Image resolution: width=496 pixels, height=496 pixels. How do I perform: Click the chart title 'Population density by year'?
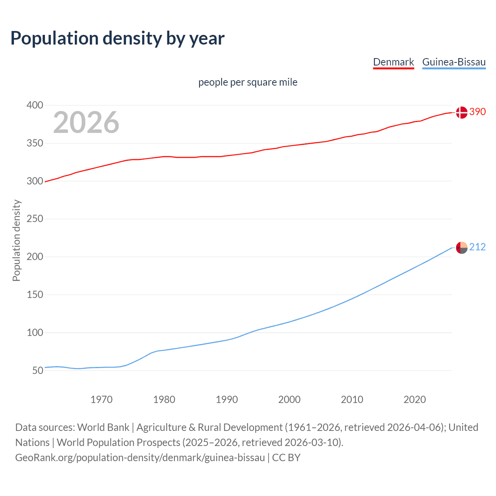pyautogui.click(x=117, y=38)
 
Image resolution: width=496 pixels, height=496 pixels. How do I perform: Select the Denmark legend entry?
pyautogui.click(x=393, y=62)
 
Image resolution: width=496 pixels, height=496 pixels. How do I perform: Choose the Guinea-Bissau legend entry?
pyautogui.click(x=454, y=62)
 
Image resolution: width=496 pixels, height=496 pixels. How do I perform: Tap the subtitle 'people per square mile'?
pyautogui.click(x=248, y=83)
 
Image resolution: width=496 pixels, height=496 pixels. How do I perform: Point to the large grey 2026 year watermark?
pyautogui.click(x=86, y=122)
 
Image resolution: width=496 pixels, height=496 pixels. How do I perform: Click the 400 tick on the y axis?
pyautogui.click(x=35, y=105)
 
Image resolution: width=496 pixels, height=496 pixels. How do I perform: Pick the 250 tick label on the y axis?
pyautogui.click(x=35, y=219)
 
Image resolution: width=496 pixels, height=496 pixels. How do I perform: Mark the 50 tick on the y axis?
pyautogui.click(x=38, y=370)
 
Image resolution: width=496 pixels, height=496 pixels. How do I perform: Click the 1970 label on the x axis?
pyautogui.click(x=102, y=400)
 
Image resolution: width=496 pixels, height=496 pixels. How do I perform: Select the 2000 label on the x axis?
pyautogui.click(x=289, y=400)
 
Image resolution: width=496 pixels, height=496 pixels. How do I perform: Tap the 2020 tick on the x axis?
pyautogui.click(x=415, y=400)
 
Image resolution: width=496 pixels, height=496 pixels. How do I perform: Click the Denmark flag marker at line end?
pyautogui.click(x=462, y=112)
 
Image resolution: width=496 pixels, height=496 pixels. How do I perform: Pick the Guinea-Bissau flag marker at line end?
pyautogui.click(x=462, y=248)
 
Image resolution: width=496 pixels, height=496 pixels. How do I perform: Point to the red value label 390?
pyautogui.click(x=477, y=112)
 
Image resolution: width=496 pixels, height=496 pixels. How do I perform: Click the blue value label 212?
pyautogui.click(x=477, y=247)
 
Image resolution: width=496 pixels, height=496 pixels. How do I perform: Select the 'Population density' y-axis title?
pyautogui.click(x=16, y=240)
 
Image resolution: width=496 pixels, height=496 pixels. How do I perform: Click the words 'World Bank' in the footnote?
pyautogui.click(x=103, y=427)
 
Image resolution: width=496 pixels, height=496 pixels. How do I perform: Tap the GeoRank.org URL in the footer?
pyautogui.click(x=140, y=458)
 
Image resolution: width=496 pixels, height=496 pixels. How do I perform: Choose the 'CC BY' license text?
pyautogui.click(x=286, y=458)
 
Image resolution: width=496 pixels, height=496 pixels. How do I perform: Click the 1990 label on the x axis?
pyautogui.click(x=227, y=400)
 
